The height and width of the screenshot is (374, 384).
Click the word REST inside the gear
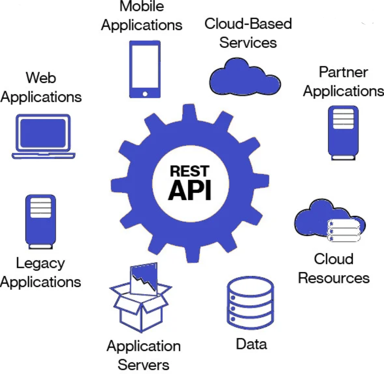coord(189,171)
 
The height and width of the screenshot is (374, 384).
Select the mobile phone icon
coord(145,69)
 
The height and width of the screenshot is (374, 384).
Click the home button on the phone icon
coord(145,93)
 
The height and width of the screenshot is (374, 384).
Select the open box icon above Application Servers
coord(141,300)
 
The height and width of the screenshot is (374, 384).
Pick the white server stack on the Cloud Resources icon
coord(343,231)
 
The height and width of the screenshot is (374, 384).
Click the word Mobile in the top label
coord(141,6)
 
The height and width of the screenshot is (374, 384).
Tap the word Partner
coord(343,72)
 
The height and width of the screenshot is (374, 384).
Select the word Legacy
coord(40,263)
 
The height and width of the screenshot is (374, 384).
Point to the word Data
coord(251,344)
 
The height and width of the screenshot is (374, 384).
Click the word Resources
coord(334,278)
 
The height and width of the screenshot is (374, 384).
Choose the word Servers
coord(144,365)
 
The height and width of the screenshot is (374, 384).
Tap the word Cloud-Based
coord(248,24)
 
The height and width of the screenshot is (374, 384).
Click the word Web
coord(41,78)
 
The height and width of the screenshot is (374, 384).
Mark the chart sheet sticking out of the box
coord(144,279)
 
